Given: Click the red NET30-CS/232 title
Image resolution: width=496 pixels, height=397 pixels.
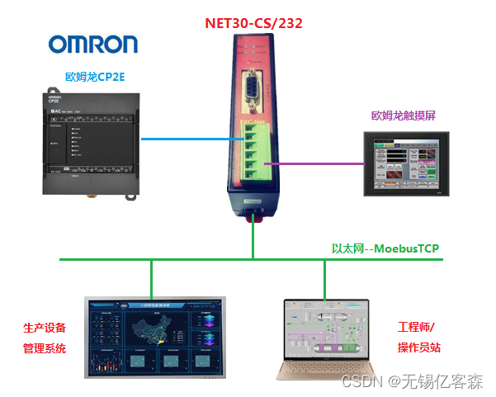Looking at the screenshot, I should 253,23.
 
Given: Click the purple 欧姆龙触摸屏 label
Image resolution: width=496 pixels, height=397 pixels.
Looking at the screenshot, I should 404,116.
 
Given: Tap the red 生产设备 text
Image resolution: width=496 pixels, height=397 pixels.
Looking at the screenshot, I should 45,328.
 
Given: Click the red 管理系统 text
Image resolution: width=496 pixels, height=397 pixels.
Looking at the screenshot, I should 45,348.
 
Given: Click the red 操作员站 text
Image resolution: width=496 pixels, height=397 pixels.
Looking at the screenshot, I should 420,348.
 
